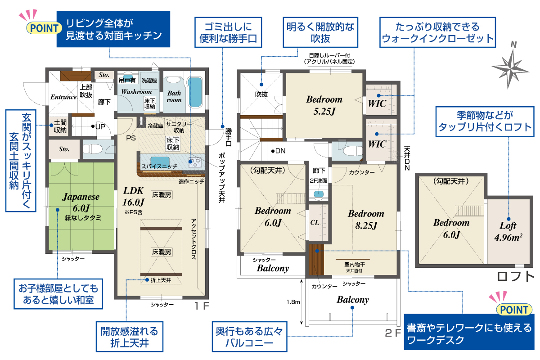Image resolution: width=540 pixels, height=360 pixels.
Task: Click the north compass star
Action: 510,69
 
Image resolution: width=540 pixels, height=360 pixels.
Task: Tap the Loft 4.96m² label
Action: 508,231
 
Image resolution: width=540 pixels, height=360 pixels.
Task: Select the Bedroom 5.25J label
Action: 324,105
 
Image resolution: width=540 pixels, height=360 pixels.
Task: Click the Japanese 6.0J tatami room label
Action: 81,202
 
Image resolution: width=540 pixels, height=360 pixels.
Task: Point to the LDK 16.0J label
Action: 134,196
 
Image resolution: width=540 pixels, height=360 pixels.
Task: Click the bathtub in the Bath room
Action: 194,92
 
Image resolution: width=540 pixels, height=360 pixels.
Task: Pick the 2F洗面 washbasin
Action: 319,194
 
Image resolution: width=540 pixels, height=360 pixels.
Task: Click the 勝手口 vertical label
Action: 228,137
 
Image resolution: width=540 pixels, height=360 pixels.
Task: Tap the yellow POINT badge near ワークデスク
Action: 514,310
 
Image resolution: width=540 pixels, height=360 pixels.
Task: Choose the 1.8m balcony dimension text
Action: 293,302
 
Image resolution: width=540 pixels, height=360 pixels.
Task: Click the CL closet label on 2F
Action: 315,222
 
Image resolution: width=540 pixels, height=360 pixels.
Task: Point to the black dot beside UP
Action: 93,126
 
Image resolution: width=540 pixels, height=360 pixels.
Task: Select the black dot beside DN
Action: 273,151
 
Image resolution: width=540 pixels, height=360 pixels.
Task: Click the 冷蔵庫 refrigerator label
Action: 155,126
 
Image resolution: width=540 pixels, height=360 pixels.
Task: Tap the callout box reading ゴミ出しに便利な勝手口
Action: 228,32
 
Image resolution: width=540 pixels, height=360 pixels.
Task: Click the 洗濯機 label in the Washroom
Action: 149,80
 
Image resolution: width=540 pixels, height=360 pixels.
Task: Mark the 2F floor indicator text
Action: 393,333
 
